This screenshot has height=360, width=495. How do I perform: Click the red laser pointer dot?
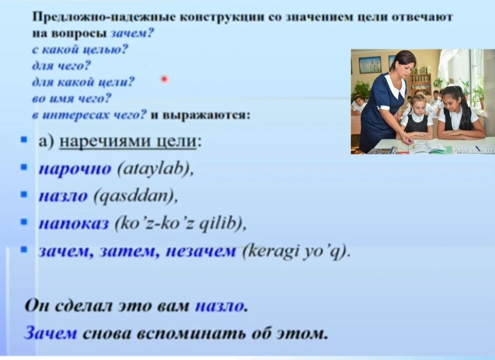165,79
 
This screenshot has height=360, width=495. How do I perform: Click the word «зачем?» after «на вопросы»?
132,33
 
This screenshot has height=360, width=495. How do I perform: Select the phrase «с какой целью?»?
80,50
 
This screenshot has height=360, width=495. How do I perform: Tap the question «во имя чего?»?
71,99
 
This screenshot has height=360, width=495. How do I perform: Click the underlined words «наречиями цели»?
128,141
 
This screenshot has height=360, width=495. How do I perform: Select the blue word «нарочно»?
75,169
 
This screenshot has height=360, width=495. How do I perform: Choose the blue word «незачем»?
201,252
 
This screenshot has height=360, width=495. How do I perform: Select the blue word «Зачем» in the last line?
50,333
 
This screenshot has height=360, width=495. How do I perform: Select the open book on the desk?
427,147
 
